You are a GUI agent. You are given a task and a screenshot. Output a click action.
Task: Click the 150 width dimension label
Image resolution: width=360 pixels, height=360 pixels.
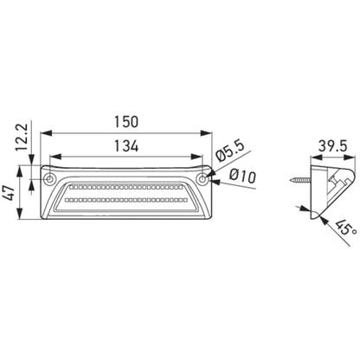(x=126, y=122)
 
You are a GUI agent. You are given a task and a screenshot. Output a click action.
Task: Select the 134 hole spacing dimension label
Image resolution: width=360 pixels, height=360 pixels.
(x=126, y=145)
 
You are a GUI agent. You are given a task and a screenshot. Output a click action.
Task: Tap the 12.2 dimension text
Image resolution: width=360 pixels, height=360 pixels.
(x=22, y=138)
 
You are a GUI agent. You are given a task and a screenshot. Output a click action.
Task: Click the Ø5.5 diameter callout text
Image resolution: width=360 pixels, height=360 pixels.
(x=230, y=151)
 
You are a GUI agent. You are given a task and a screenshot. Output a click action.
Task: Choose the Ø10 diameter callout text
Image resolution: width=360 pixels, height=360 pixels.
(x=242, y=176)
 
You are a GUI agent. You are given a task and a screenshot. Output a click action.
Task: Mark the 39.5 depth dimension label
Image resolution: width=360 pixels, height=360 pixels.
(x=332, y=146)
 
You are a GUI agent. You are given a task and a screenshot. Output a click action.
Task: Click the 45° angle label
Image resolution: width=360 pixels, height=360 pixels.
(x=346, y=228)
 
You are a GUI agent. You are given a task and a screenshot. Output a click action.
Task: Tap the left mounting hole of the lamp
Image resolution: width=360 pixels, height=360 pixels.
(x=49, y=179)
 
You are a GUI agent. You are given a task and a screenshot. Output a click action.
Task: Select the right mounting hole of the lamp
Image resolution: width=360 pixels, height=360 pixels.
(x=203, y=179)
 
